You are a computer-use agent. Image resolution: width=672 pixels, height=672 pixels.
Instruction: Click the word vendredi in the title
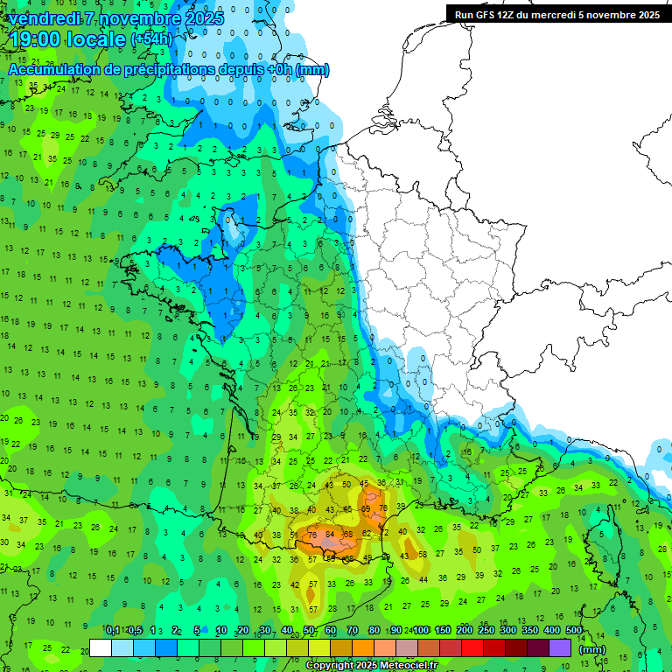click(43, 17)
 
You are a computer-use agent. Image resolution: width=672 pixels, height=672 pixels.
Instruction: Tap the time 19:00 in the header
click(35, 39)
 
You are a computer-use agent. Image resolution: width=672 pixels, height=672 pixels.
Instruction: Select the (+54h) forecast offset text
click(151, 39)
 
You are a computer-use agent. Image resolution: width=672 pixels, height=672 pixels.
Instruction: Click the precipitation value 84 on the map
click(330, 535)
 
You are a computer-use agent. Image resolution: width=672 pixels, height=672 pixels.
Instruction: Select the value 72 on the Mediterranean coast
click(384, 532)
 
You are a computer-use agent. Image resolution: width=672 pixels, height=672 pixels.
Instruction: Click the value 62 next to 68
click(367, 534)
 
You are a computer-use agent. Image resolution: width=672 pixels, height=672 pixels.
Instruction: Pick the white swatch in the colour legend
click(101, 648)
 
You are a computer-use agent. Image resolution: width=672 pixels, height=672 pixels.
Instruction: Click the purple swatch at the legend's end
click(561, 648)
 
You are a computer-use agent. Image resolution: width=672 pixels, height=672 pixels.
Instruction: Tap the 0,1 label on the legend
click(113, 630)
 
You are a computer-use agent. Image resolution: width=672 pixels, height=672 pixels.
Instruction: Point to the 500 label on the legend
click(573, 630)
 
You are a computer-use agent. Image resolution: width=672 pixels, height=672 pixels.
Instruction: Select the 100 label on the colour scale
click(421, 630)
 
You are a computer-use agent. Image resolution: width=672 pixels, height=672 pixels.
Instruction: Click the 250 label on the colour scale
click(486, 630)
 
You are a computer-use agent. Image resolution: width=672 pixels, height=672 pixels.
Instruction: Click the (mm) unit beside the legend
click(593, 649)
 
